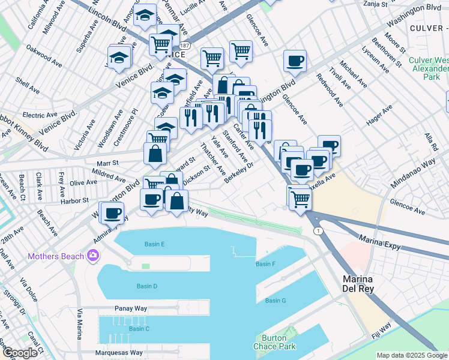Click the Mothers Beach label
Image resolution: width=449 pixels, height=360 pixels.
click(55, 257)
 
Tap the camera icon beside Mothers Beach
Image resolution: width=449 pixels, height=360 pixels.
click(93, 256)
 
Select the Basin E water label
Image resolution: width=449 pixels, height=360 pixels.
click(154, 244)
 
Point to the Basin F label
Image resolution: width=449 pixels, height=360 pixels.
click(265, 264)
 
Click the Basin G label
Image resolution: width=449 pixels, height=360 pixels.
click(276, 300)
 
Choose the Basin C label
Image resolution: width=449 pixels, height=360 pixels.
click(139, 329)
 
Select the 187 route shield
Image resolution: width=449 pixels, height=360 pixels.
click(184, 46)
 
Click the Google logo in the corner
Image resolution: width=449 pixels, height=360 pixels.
click(20, 353)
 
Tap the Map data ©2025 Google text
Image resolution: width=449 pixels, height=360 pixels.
click(411, 355)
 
